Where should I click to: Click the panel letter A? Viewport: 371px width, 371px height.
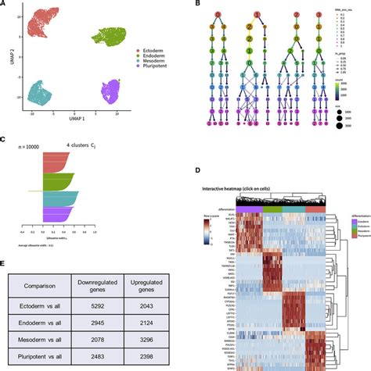5,5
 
